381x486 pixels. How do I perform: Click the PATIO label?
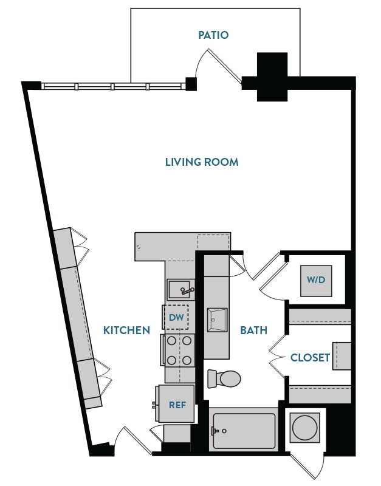(213, 35)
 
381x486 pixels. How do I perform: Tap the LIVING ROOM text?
(202, 162)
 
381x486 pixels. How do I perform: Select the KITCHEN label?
(126, 330)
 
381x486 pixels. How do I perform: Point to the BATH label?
(253, 330)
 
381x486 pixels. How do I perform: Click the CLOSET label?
(310, 357)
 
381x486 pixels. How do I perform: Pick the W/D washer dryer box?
(316, 281)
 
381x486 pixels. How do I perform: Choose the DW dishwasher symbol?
(176, 317)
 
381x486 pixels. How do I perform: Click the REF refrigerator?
(176, 404)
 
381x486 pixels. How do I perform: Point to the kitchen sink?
(180, 289)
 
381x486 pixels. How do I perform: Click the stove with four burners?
(177, 350)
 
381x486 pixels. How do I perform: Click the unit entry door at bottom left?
(134, 441)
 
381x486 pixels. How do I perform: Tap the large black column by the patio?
(272, 77)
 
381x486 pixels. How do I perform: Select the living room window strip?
(112, 86)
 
